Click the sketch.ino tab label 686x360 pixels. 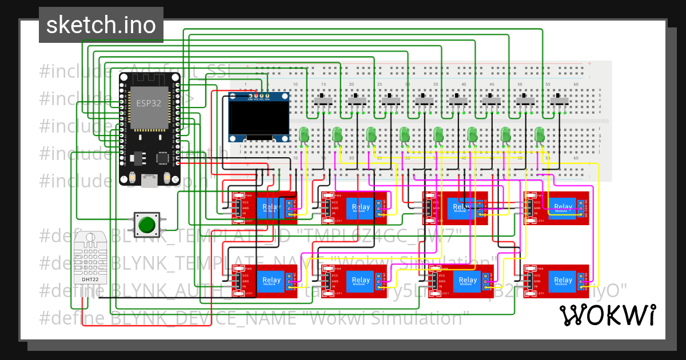click(x=101, y=25)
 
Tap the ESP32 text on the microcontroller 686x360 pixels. click(x=148, y=103)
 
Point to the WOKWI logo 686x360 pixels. click(x=607, y=315)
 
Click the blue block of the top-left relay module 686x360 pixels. click(x=269, y=207)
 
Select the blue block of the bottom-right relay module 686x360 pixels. click(x=563, y=280)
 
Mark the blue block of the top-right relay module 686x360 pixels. click(x=563, y=207)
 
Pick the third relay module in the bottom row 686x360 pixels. click(x=454, y=281)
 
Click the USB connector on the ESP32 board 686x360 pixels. click(x=149, y=181)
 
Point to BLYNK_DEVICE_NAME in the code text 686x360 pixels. click(x=202, y=317)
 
